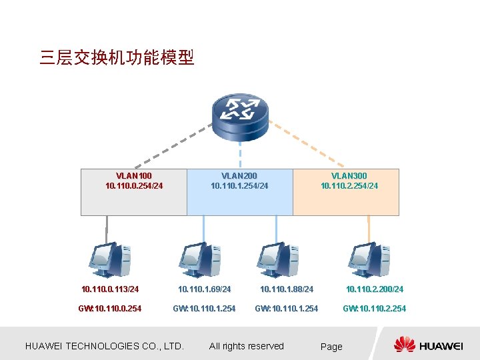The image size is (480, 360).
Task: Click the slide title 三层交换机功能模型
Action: tap(117, 58)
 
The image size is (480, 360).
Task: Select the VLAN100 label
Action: tap(134, 176)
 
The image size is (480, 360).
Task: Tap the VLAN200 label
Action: tap(239, 176)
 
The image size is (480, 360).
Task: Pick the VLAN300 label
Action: tap(349, 176)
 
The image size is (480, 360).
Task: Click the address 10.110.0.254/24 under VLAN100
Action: tap(134, 186)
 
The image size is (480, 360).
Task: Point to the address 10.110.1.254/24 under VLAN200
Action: tap(239, 186)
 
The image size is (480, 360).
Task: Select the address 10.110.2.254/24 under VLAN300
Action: tap(349, 186)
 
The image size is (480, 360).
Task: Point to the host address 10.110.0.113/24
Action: tap(110, 289)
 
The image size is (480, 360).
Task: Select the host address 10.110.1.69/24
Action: tap(204, 289)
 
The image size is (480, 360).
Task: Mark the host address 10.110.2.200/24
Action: tap(375, 289)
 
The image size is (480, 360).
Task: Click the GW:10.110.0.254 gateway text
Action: tap(110, 309)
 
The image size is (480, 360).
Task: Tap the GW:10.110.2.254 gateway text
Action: tap(375, 309)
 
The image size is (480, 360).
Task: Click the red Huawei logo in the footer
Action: tap(404, 345)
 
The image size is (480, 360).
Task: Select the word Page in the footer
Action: tap(331, 347)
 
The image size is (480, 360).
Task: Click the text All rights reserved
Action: tap(247, 346)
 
